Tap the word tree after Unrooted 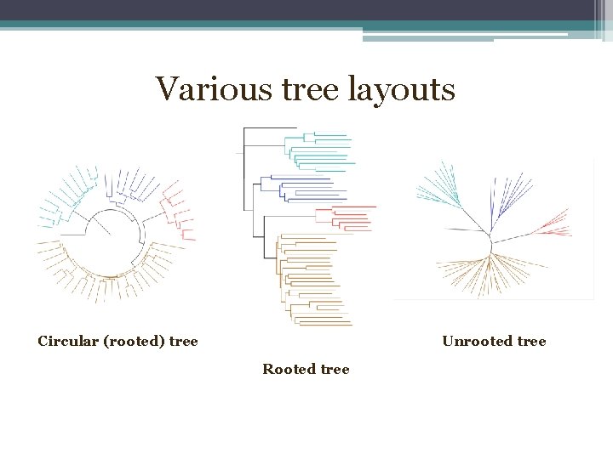click(530, 342)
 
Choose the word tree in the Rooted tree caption click(334, 369)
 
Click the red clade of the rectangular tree click(349, 218)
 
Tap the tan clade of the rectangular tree click(311, 280)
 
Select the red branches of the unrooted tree click(552, 225)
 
